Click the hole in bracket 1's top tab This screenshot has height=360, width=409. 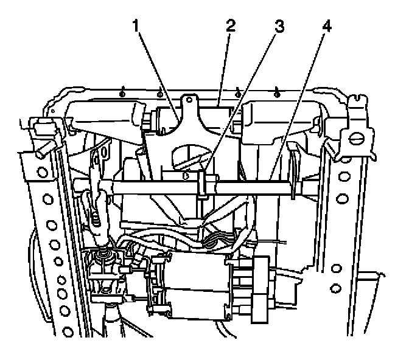point(190,99)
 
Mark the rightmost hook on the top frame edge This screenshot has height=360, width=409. point(277,91)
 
